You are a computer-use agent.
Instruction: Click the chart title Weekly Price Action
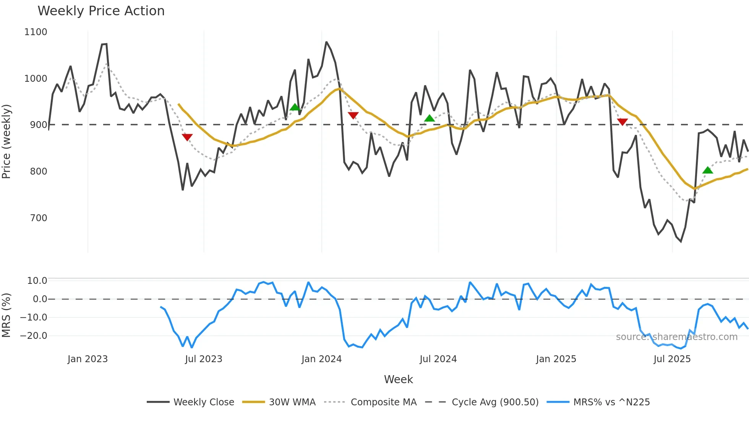click(x=101, y=11)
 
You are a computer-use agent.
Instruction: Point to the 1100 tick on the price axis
click(x=36, y=32)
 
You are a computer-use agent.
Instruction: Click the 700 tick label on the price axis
click(x=38, y=218)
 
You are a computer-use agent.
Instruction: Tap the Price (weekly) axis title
click(x=6, y=141)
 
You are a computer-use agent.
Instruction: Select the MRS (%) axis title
click(x=6, y=315)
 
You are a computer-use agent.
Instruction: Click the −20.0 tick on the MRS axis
click(x=33, y=336)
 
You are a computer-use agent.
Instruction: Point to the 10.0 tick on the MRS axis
click(x=37, y=281)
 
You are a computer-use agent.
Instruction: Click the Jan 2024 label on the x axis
click(x=321, y=359)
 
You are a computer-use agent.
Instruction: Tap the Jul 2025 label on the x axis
click(x=672, y=359)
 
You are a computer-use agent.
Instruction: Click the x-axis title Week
click(x=398, y=379)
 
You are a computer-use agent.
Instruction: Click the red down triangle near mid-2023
click(x=187, y=137)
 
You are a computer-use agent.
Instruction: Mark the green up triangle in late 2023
click(x=295, y=107)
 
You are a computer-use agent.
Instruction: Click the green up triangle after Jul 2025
click(x=707, y=170)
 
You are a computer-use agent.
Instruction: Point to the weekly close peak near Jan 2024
click(x=326, y=42)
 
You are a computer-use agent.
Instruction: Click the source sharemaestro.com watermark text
click(x=676, y=337)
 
